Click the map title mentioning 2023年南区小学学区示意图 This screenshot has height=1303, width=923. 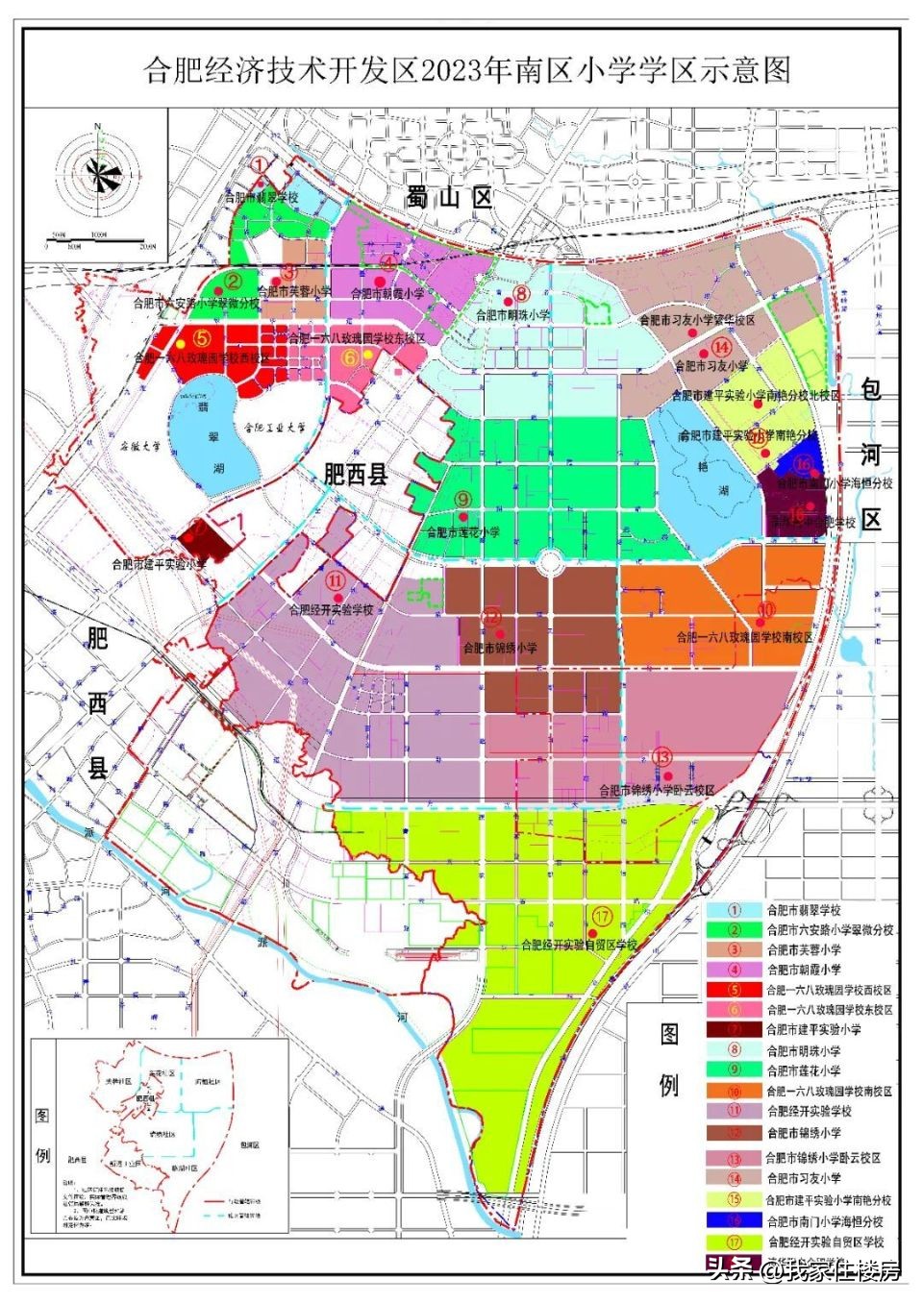[x=467, y=69]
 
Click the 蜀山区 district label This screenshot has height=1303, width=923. [x=448, y=198]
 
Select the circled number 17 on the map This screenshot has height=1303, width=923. [x=603, y=917]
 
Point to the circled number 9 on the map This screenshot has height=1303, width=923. [x=463, y=499]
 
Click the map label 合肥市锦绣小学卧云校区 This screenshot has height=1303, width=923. [x=657, y=791]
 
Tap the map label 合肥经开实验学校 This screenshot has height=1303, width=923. [x=331, y=610]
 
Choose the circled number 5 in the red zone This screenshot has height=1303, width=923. [x=202, y=338]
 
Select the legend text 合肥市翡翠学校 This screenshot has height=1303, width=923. [x=804, y=909]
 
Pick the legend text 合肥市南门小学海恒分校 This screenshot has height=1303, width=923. [x=825, y=1221]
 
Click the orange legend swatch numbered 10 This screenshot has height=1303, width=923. [x=735, y=1092]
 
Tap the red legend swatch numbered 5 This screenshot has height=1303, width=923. [x=735, y=990]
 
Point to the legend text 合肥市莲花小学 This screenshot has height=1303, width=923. [x=804, y=1070]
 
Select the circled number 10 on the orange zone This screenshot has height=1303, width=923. [x=766, y=610]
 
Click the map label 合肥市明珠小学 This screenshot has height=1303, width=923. [x=513, y=314]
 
